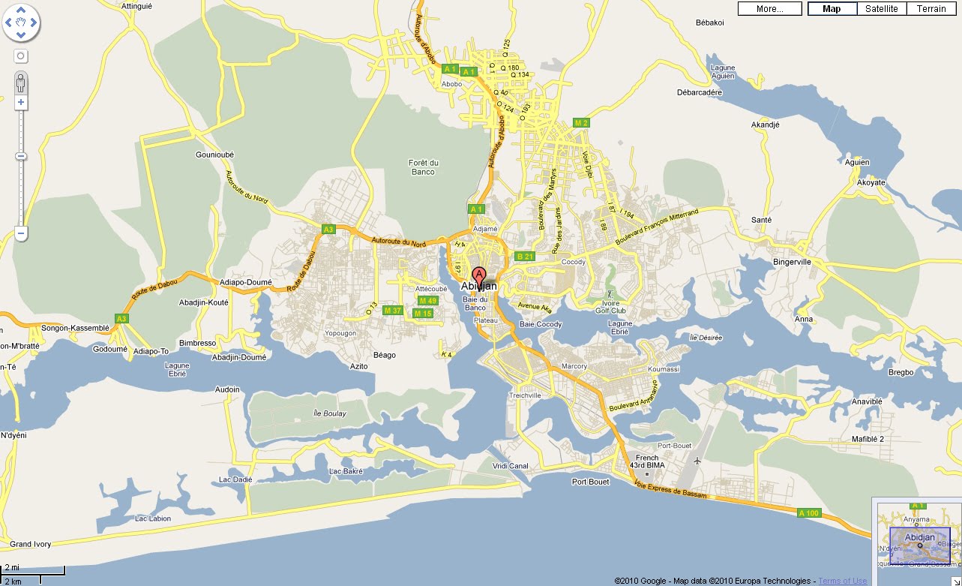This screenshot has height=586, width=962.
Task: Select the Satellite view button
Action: tap(881, 9)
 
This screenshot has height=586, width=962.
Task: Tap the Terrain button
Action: tap(931, 9)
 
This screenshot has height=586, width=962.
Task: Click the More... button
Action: tap(769, 9)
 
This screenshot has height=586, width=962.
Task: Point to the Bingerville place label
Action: tap(793, 262)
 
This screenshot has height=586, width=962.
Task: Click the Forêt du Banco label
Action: tap(423, 167)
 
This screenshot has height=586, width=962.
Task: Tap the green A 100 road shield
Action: tap(809, 513)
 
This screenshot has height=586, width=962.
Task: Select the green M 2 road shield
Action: tap(581, 122)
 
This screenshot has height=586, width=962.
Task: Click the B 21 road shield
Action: tap(525, 257)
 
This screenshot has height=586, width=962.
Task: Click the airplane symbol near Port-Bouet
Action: tap(699, 460)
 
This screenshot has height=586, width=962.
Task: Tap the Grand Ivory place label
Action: tap(30, 544)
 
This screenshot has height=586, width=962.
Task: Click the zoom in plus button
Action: tap(21, 102)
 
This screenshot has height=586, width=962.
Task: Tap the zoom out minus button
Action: tap(21, 234)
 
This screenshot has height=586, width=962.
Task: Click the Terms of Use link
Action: tap(843, 581)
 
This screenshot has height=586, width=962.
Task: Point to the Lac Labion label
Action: tap(153, 518)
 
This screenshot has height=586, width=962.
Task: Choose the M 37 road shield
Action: tap(393, 311)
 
